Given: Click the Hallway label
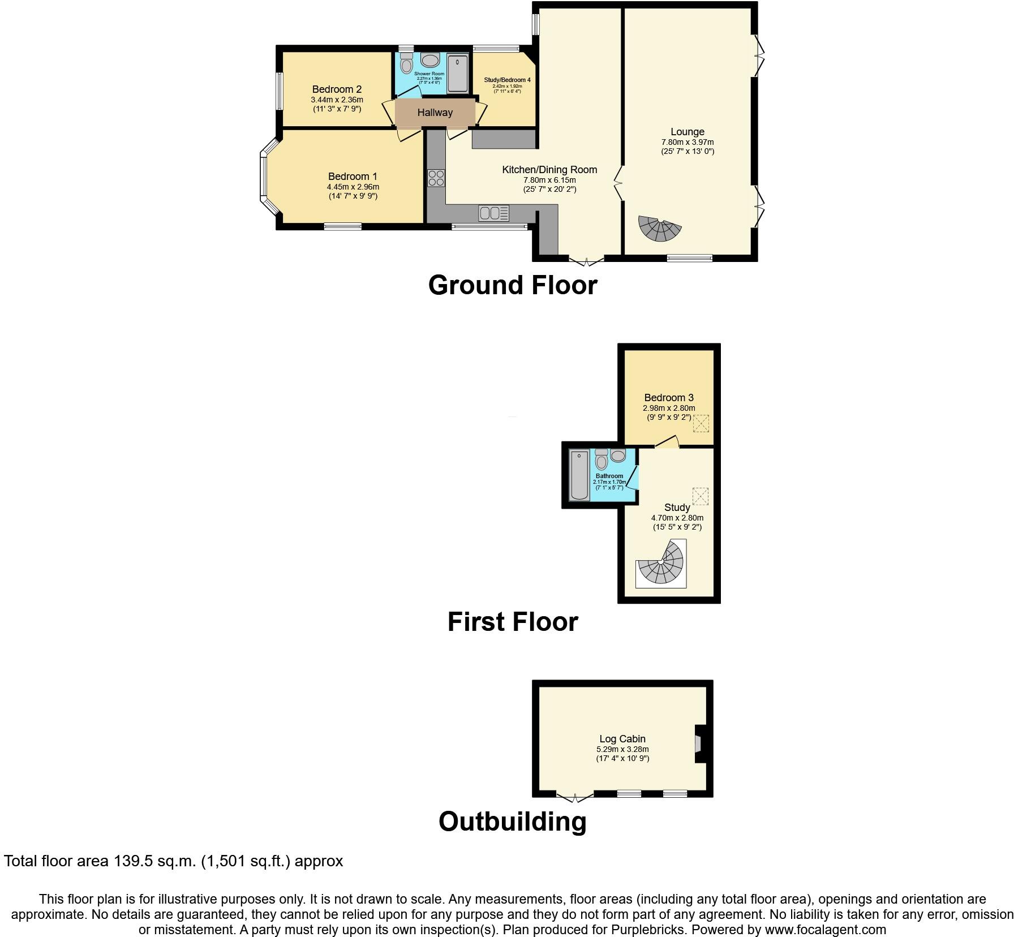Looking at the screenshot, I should (435, 113).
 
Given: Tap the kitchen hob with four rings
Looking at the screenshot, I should (436, 178).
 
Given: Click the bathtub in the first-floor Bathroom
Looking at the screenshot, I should (579, 475).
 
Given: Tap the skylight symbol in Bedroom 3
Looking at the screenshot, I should (701, 423).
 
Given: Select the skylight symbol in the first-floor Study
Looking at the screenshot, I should (700, 496).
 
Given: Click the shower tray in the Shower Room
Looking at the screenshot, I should (458, 74).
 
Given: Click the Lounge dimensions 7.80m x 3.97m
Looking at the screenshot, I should (688, 142).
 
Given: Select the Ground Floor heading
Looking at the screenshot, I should (513, 285).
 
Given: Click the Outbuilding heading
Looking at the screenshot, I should (513, 822).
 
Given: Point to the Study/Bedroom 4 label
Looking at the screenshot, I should (507, 80).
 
